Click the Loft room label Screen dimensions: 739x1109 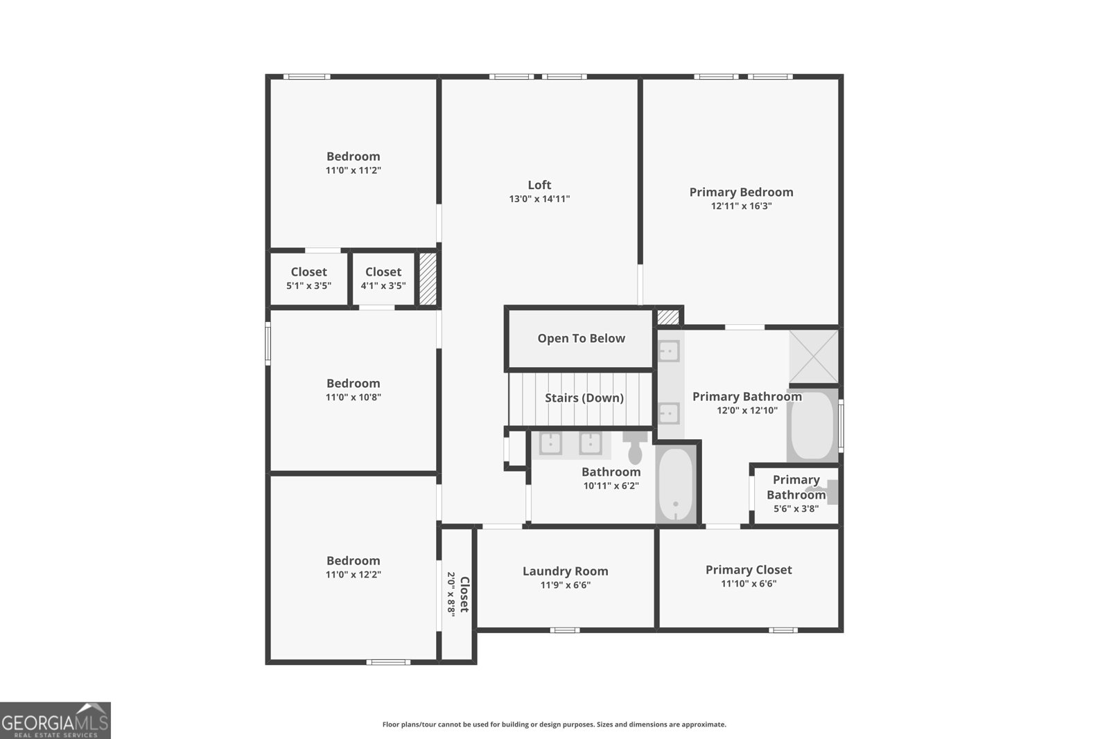point(539,185)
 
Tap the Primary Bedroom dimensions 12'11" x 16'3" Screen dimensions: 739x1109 point(741,206)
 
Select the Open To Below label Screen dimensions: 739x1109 point(581,339)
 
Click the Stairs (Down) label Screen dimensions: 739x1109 point(584,398)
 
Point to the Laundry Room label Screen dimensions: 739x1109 point(565,571)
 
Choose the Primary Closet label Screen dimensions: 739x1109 point(749,570)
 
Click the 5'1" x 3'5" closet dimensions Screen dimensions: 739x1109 point(308,285)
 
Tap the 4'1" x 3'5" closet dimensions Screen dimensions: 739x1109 point(383,285)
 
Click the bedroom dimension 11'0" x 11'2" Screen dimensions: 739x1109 point(353,170)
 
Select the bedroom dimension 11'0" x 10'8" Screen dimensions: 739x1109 point(353,398)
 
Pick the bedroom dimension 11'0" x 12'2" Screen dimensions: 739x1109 point(353,575)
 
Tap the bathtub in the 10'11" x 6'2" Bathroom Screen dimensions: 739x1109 point(676,484)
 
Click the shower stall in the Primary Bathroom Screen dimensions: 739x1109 point(814,357)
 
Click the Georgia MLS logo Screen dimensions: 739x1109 point(55,720)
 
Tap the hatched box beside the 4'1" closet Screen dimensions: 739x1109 point(428,279)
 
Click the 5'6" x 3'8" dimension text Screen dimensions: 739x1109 point(796,508)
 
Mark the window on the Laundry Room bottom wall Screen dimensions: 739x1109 point(565,630)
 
